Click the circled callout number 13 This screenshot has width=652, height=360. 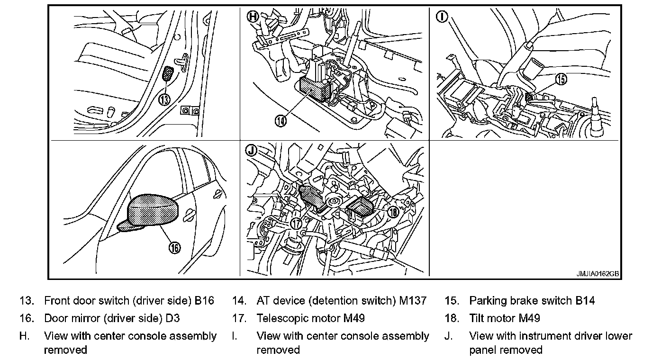click(x=164, y=99)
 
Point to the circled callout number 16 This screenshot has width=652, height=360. click(x=175, y=247)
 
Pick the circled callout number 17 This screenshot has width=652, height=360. click(x=297, y=223)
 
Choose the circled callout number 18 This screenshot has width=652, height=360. click(x=393, y=212)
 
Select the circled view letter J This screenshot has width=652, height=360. click(x=252, y=151)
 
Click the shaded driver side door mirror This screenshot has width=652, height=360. click(x=153, y=210)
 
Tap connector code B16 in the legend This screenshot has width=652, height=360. click(x=205, y=301)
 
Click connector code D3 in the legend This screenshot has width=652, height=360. click(x=172, y=318)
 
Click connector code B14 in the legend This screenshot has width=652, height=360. click(x=585, y=301)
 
